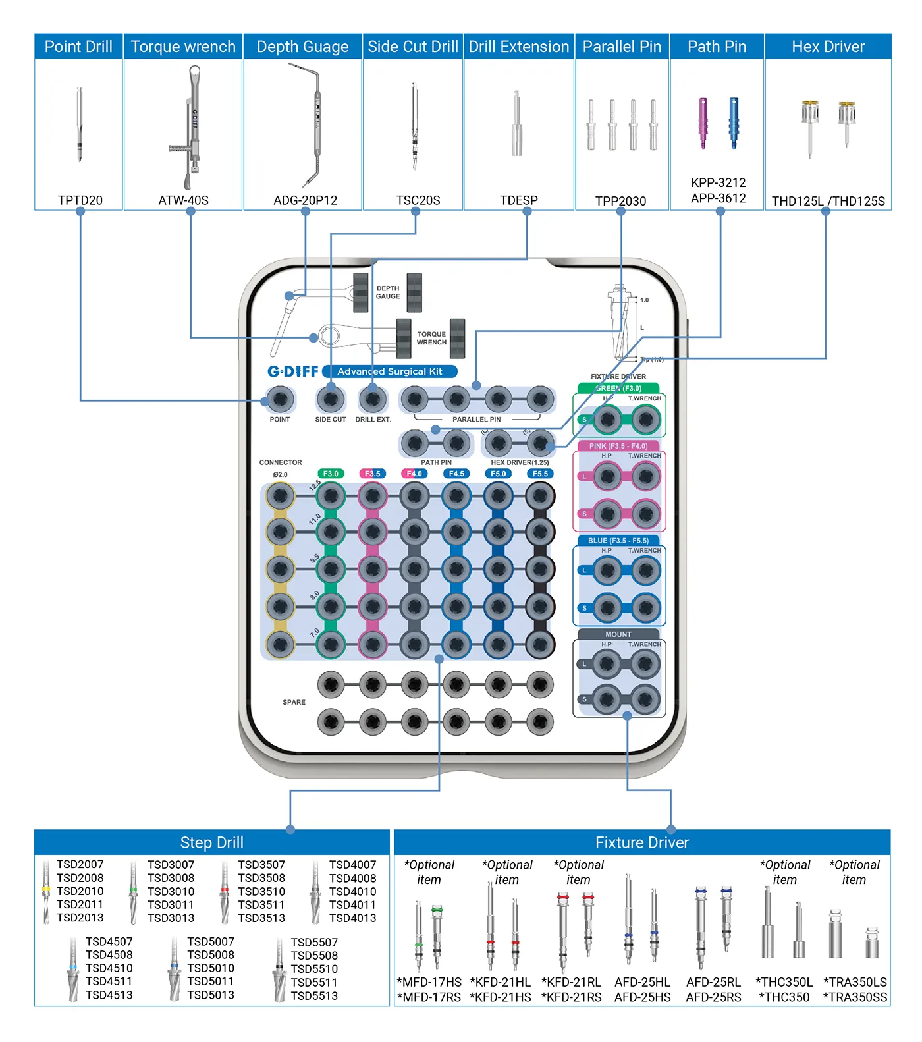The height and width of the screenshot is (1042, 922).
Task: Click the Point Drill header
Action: (78, 47)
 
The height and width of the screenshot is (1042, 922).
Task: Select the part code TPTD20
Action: (80, 200)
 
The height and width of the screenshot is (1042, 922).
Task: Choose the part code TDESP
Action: (518, 200)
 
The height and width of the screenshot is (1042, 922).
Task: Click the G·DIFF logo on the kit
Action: (292, 371)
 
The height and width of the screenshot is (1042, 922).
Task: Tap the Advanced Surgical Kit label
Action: (390, 371)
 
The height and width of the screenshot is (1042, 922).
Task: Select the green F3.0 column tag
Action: (331, 474)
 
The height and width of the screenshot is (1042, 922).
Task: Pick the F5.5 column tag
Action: (540, 474)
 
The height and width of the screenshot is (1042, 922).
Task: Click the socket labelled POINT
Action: (280, 399)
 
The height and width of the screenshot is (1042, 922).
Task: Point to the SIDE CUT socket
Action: (331, 399)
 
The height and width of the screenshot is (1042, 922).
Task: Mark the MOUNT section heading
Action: (618, 634)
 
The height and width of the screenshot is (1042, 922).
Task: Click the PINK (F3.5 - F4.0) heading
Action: (618, 446)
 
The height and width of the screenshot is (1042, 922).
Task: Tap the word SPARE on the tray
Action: (294, 702)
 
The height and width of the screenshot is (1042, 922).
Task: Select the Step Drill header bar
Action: (211, 842)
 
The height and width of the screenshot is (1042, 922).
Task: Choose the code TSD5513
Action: (314, 996)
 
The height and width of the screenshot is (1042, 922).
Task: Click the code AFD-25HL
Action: (642, 982)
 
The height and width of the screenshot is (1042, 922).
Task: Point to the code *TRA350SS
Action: (855, 997)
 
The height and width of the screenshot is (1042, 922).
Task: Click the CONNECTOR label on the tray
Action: (281, 462)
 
